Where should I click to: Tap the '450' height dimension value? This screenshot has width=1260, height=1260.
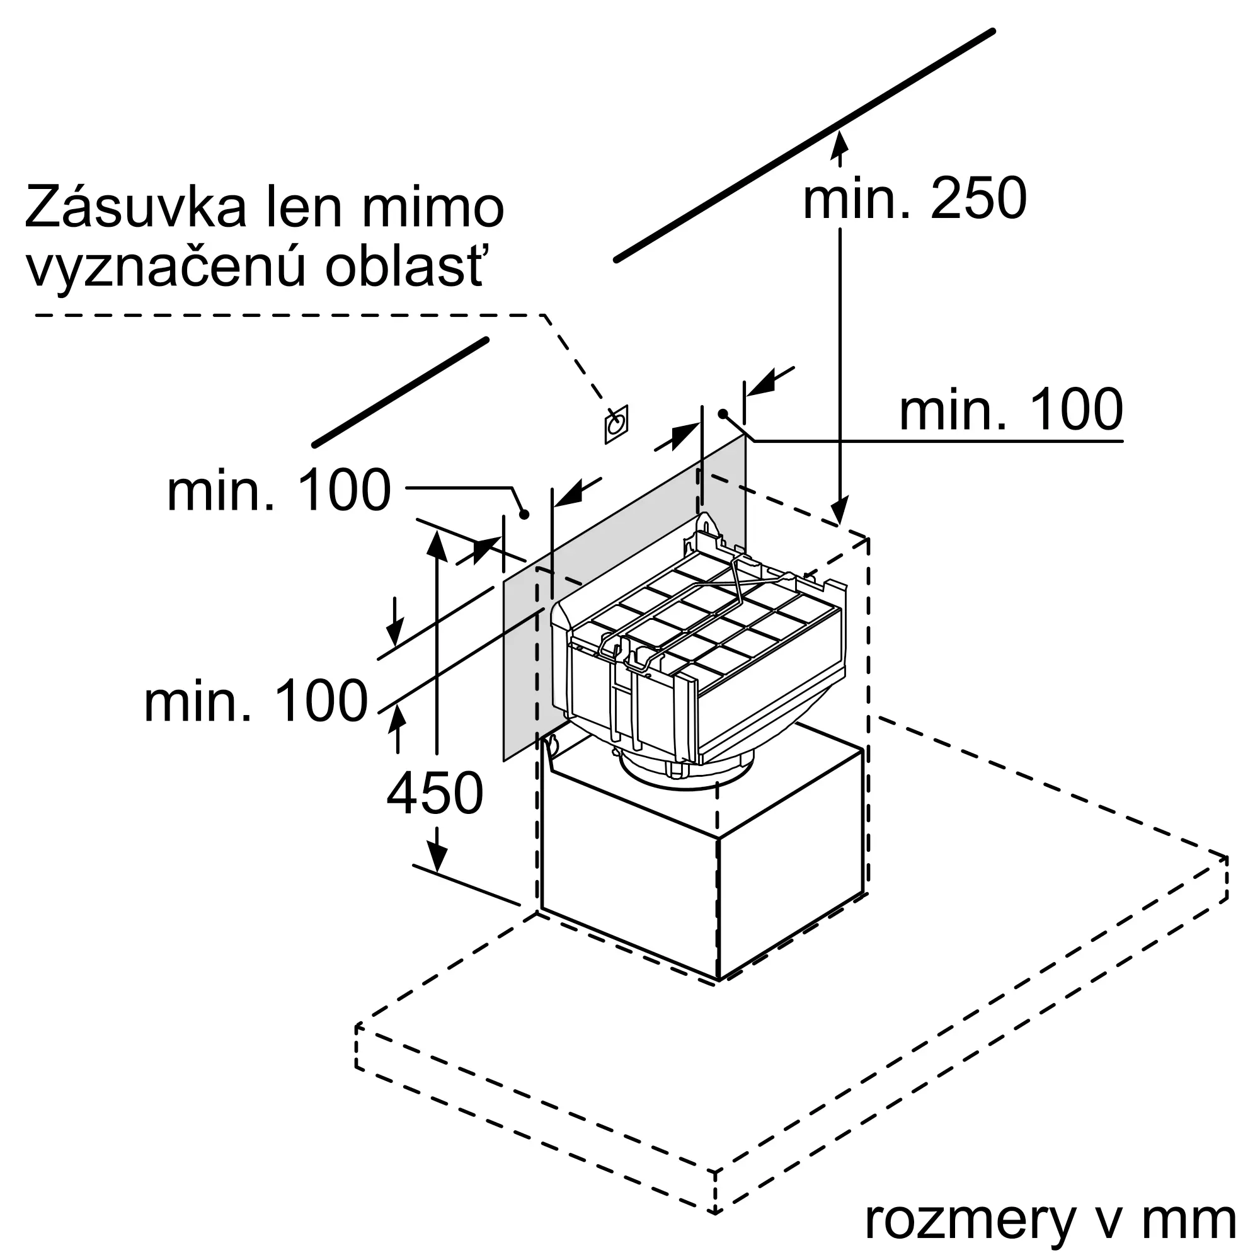coord(434,793)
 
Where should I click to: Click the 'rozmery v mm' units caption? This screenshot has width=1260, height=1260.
coord(1050,1219)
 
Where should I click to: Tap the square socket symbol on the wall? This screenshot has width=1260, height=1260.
coord(616,425)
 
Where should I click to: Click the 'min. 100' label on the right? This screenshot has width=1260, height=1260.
coord(1011,409)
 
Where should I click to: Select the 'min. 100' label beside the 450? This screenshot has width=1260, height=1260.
coord(256,701)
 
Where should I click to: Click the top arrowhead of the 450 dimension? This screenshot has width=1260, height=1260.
coord(437,544)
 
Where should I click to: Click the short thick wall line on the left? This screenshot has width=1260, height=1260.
coord(401,392)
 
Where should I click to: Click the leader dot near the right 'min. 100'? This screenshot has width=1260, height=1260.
coord(723,413)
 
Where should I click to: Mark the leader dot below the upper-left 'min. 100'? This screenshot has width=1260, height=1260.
coord(524,515)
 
